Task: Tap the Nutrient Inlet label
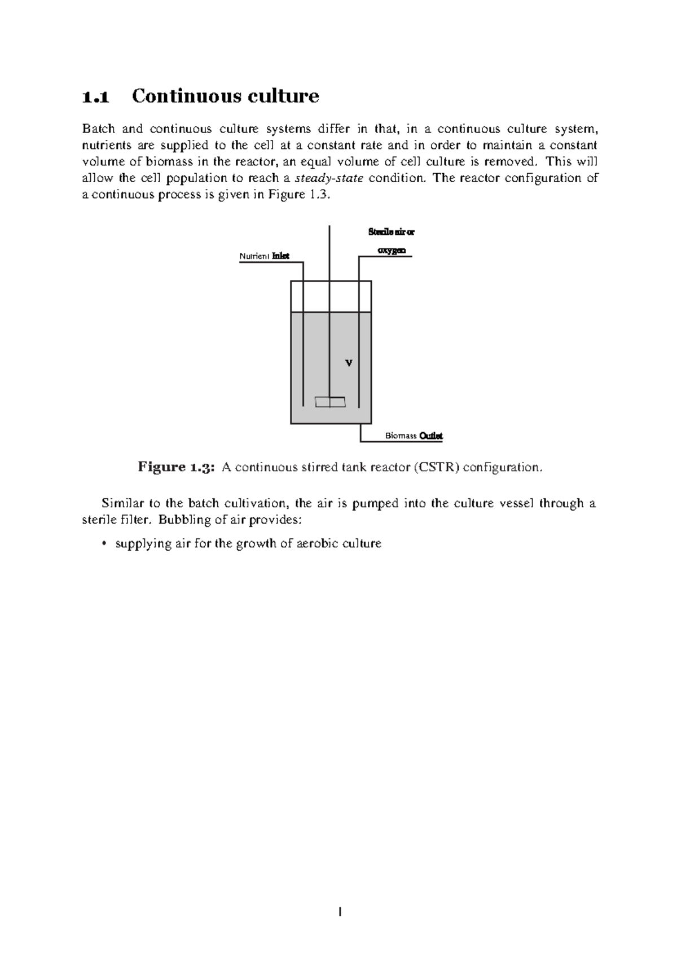click(x=264, y=256)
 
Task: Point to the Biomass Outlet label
click(x=414, y=436)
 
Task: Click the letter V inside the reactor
click(x=349, y=363)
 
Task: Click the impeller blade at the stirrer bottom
click(x=330, y=402)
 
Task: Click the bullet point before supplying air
click(x=103, y=544)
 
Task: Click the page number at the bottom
click(x=340, y=911)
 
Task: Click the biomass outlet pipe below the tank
click(x=361, y=433)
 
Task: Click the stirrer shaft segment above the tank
click(x=329, y=251)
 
